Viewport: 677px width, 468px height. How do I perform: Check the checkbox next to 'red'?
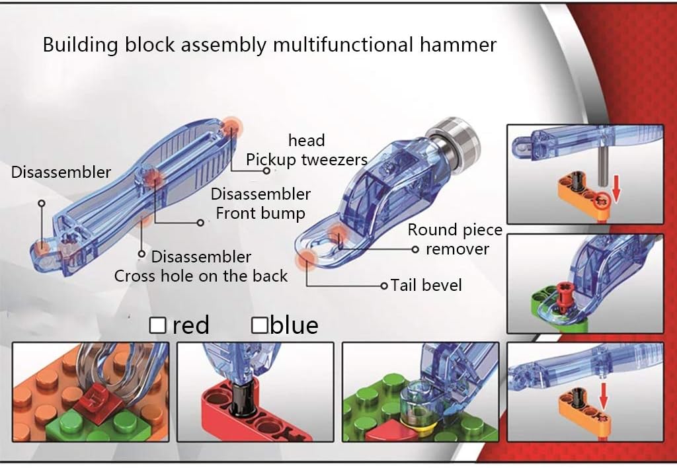pyautogui.click(x=157, y=325)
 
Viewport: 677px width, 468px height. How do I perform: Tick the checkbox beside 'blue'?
pyautogui.click(x=260, y=325)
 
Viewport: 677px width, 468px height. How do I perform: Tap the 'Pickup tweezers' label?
pyautogui.click(x=306, y=159)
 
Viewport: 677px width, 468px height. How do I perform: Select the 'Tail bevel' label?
pyautogui.click(x=426, y=286)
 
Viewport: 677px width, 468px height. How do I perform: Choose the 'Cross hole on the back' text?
pyautogui.click(x=201, y=276)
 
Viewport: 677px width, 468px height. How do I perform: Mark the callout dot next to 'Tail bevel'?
pyautogui.click(x=383, y=286)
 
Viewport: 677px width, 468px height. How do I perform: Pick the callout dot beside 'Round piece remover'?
pyautogui.click(x=415, y=249)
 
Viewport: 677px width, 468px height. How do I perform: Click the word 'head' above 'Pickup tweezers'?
pyautogui.click(x=307, y=140)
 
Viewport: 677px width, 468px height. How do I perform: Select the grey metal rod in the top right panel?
pyautogui.click(x=604, y=161)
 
